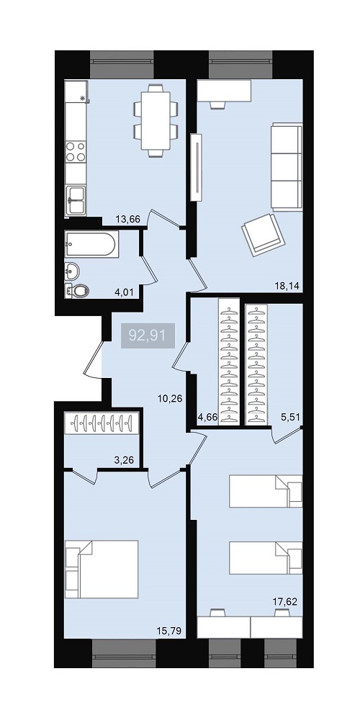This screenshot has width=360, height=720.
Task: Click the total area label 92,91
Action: pyautogui.click(x=148, y=336)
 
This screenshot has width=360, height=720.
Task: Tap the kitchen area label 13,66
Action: pyautogui.click(x=127, y=219)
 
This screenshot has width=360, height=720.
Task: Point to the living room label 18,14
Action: pyautogui.click(x=287, y=286)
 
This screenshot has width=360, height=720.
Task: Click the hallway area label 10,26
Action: pyautogui.click(x=170, y=398)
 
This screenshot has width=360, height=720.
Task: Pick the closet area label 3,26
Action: pyautogui.click(x=125, y=459)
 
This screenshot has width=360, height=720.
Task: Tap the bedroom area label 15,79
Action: pyautogui.click(x=170, y=631)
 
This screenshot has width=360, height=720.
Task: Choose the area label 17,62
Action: pyautogui.click(x=285, y=601)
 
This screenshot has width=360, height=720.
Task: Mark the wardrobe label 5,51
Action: pyautogui.click(x=290, y=418)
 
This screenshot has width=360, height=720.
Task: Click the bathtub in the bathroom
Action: pyautogui.click(x=92, y=243)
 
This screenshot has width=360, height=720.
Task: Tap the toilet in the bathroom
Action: pyautogui.click(x=77, y=291)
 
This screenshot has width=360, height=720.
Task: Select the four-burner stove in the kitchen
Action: pyautogui.click(x=76, y=152)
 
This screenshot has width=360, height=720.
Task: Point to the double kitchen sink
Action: pyautogui.click(x=76, y=200)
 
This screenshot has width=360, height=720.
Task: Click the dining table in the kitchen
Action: pyautogui.click(x=156, y=120)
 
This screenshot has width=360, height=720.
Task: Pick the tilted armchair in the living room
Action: pyautogui.click(x=263, y=234)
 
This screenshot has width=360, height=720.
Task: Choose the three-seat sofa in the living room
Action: pyautogui.click(x=287, y=167)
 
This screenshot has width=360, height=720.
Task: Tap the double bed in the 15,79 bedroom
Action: pyautogui.click(x=102, y=569)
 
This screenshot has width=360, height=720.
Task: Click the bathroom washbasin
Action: pyautogui.click(x=72, y=271)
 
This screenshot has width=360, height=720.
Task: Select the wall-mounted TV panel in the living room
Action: pyautogui.click(x=197, y=168)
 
